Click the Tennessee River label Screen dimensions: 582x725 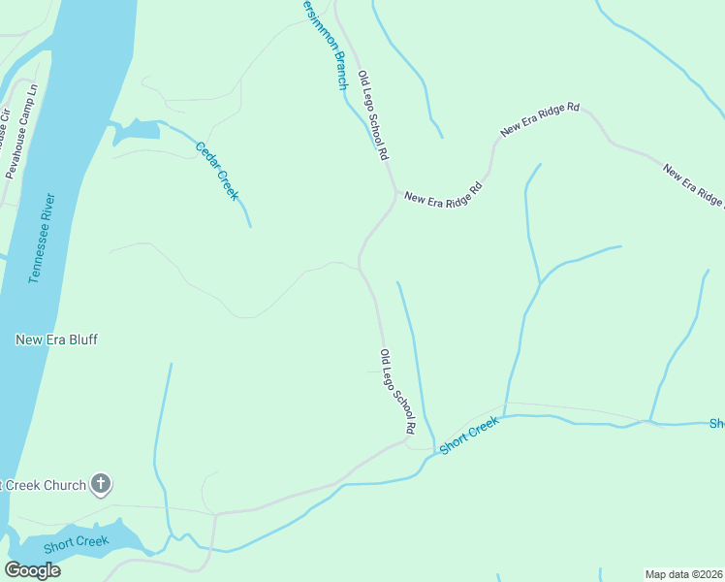tap(43, 239)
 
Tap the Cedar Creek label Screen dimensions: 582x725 tap(217, 171)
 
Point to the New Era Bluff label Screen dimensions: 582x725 tap(57, 339)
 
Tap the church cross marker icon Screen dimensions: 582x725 tap(101, 484)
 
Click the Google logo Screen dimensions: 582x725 tap(32, 570)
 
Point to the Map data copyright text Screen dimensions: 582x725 tap(684, 574)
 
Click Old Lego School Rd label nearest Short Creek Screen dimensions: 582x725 tap(397, 391)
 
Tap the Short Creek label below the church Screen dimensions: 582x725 tap(77, 540)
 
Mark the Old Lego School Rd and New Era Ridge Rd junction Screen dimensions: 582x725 tap(394, 194)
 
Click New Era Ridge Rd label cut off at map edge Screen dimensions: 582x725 tap(695, 186)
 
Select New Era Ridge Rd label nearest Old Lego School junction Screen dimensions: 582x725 tap(443, 191)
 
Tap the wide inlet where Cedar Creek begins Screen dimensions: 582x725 tap(136, 131)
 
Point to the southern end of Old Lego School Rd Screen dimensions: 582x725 tap(407, 441)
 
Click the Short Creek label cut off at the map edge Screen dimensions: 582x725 tap(717, 424)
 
